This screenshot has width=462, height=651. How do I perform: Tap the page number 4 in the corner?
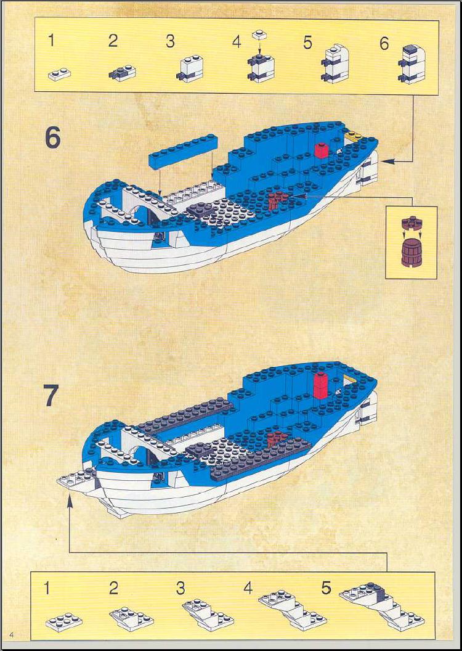pos(12,634)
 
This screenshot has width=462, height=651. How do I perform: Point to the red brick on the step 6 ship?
pos(322,150)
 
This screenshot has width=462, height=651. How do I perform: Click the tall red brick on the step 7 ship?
pos(320,386)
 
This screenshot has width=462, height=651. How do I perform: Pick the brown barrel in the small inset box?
pos(411,253)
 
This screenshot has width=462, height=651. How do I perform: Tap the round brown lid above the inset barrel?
pos(411,224)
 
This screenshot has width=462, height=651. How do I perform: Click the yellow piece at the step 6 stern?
pos(352,136)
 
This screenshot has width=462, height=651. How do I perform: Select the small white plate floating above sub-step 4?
pos(259,35)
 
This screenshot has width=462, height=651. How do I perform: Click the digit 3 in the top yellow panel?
pos(170,41)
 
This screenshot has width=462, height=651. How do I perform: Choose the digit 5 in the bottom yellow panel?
pos(326,588)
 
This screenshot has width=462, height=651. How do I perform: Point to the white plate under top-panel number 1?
pos(59,74)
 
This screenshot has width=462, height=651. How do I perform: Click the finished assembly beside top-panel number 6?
pos(412,63)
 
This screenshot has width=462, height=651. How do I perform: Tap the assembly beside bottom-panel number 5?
pos(382,606)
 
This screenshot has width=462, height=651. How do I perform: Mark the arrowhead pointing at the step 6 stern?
pos(386,162)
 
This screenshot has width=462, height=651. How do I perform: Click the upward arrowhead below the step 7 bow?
pos(70,501)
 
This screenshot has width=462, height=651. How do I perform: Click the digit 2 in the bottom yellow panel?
pos(113,588)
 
